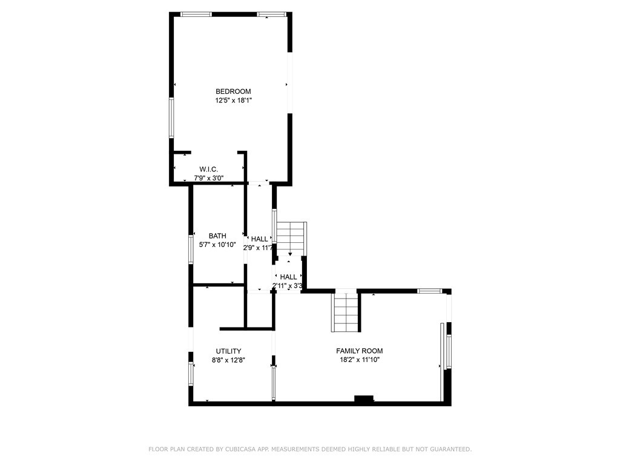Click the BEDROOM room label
(x=233, y=91)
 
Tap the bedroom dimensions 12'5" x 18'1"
(x=233, y=101)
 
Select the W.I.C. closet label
(x=208, y=170)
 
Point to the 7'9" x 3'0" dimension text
(x=209, y=178)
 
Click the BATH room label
(x=217, y=236)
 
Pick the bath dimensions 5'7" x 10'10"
(x=217, y=245)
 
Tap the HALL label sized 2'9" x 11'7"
(x=259, y=239)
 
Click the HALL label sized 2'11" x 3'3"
(x=288, y=277)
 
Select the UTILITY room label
(x=228, y=351)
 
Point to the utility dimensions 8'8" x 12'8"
(x=228, y=360)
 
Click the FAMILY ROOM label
(x=360, y=351)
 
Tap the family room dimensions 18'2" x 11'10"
(x=360, y=360)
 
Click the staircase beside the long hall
(x=291, y=239)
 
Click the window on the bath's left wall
(x=191, y=249)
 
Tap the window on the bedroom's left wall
(x=171, y=118)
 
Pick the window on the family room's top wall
(x=430, y=291)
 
